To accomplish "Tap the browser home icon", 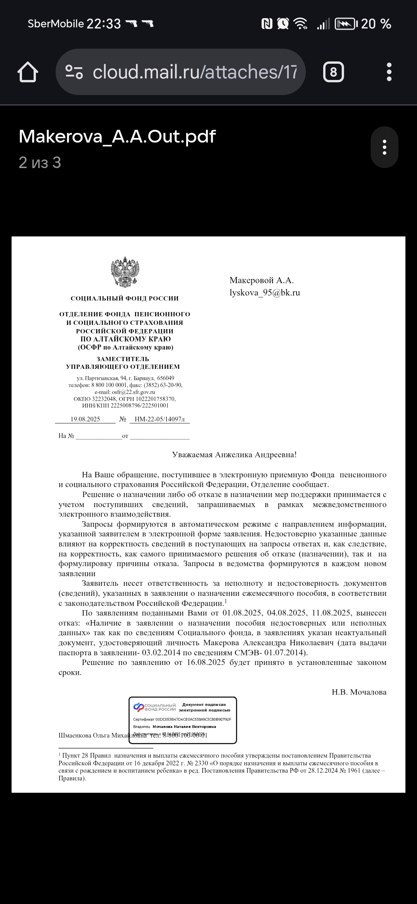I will coord(28,72).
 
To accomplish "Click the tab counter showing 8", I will coord(333,72).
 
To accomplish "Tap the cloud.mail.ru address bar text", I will coord(195,72).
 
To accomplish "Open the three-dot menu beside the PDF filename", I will coord(384,147).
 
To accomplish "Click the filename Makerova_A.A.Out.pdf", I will coord(117,136).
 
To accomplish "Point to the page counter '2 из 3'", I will coord(40,163).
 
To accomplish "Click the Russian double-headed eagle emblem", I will coord(125,272).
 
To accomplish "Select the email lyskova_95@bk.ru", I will coord(264,292).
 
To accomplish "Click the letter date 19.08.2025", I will coord(85,419).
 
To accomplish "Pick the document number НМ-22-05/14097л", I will coord(159,419).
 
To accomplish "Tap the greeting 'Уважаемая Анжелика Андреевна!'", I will coord(234,455).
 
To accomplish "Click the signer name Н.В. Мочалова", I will coord(359,692).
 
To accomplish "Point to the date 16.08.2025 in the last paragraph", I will coord(206,662).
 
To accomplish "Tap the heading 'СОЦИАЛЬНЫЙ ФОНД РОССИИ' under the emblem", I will coord(124,298).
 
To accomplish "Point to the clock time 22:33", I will coord(103,24).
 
